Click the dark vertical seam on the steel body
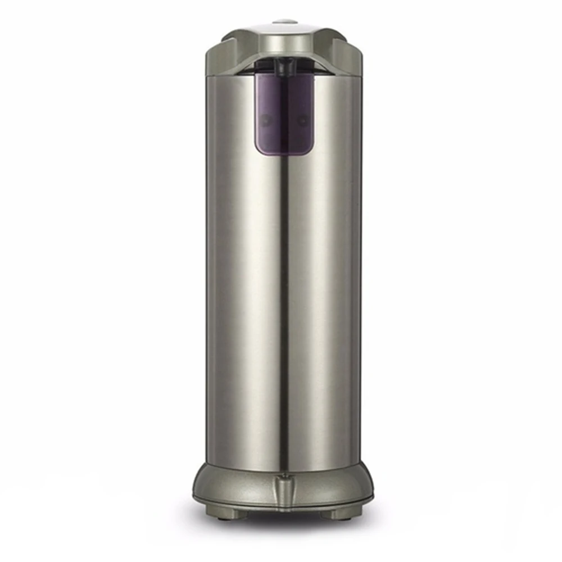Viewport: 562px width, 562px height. pos(284,309)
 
